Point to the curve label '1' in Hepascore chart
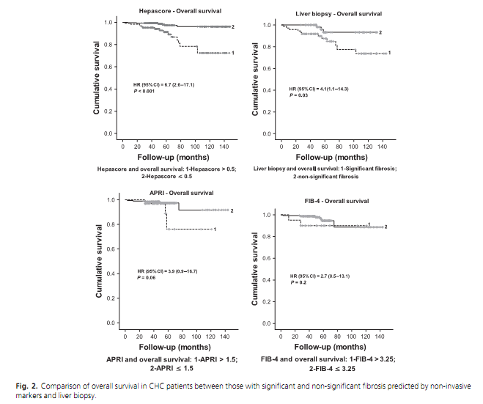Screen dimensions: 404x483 [233, 53]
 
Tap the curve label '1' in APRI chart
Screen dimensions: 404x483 [215, 229]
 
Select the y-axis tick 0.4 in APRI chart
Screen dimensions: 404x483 [111, 273]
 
